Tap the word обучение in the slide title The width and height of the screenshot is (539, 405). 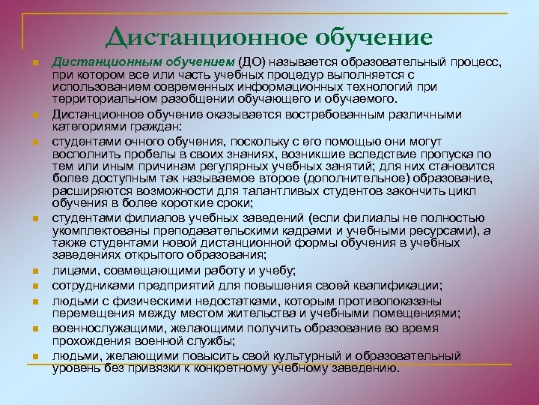pyautogui.click(x=366, y=36)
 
